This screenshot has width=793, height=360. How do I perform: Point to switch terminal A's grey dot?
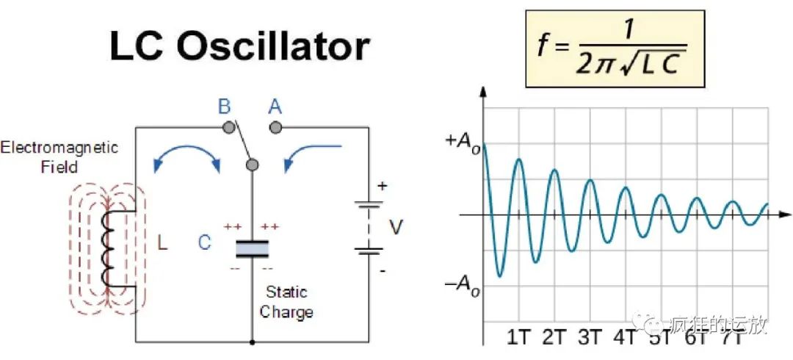(x=275, y=128)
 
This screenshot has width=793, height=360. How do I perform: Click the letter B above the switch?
(x=224, y=107)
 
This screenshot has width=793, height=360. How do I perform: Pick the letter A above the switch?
(x=275, y=107)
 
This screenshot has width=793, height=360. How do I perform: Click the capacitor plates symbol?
(x=252, y=248)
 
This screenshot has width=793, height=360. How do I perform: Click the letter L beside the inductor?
(x=162, y=242)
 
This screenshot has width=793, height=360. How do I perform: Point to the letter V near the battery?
(x=396, y=228)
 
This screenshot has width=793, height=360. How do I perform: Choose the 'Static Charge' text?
(x=286, y=302)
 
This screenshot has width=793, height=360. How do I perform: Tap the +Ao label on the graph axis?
(x=459, y=144)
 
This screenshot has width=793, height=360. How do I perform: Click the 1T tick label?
(x=519, y=338)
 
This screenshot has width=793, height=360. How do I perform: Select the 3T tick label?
(x=590, y=338)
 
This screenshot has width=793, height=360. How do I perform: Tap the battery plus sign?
(x=381, y=186)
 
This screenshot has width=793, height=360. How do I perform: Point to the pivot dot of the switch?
(x=252, y=164)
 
